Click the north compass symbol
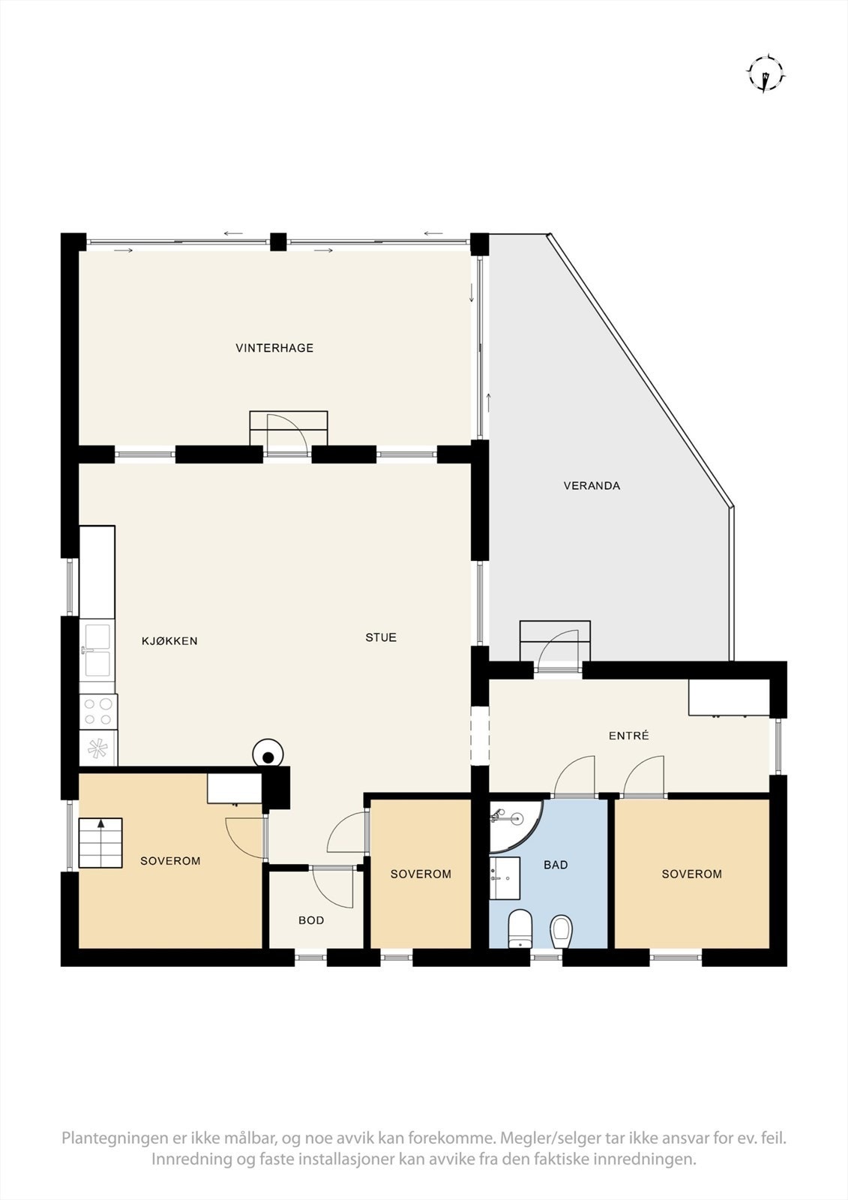(x=765, y=73)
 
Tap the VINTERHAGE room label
(x=274, y=348)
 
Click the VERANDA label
(x=592, y=486)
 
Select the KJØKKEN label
(x=169, y=641)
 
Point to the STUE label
(x=381, y=638)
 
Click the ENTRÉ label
(x=628, y=736)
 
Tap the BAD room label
(x=556, y=865)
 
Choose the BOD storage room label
(x=311, y=920)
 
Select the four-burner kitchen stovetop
(x=98, y=711)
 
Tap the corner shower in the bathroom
(x=513, y=824)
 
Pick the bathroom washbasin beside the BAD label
(x=505, y=878)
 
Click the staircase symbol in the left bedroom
(x=100, y=843)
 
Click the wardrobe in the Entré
(x=729, y=697)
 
